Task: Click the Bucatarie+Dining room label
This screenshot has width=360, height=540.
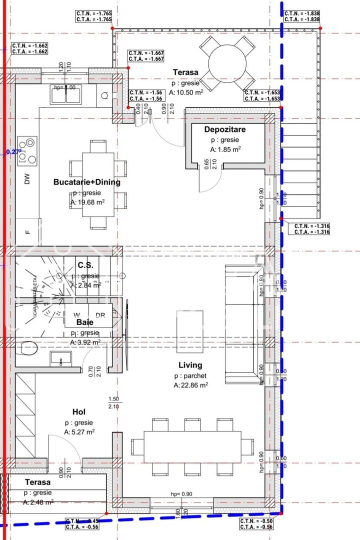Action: [x=86, y=182]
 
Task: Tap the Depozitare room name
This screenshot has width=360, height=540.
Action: [x=225, y=129]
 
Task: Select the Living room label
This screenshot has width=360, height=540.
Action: [x=190, y=365]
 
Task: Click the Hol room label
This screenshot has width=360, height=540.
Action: [x=79, y=411]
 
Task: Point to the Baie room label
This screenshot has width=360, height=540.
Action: [x=85, y=322]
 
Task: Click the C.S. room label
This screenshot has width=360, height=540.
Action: [x=86, y=265]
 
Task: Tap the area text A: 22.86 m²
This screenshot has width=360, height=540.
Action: [x=191, y=385]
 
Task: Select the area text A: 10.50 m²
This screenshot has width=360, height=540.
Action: [x=186, y=92]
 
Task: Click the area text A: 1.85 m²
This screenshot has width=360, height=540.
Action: [x=225, y=149]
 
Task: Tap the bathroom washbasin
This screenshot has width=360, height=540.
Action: [x=60, y=359]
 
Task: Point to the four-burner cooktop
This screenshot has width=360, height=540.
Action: [x=27, y=150]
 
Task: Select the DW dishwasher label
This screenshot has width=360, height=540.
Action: [x=27, y=179]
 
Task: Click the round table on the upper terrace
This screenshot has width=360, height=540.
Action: [x=227, y=64]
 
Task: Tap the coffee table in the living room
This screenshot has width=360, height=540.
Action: [x=190, y=331]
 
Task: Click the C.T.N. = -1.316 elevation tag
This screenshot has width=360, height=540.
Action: [x=312, y=229]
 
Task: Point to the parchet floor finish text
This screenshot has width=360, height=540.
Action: [x=190, y=375]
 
